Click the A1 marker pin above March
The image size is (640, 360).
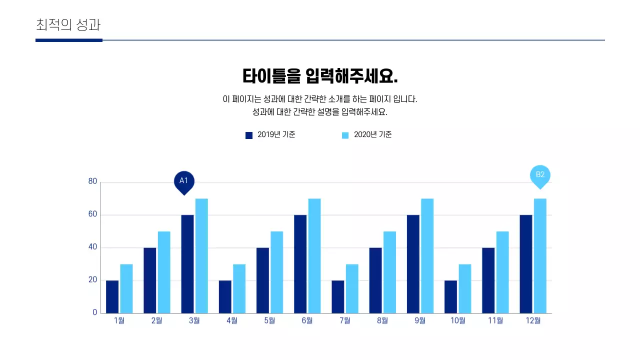[184, 181]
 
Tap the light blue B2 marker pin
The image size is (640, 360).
[540, 175]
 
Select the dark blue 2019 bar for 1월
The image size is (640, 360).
[112, 296]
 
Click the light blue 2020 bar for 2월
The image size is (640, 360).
[164, 272]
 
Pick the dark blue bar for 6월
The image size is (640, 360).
[300, 264]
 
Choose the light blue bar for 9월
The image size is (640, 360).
[427, 255]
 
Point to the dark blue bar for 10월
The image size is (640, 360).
[451, 296]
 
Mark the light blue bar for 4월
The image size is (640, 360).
[239, 288]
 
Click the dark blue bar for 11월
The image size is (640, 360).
[488, 280]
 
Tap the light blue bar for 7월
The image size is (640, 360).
[352, 288]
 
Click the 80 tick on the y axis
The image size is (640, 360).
[92, 181]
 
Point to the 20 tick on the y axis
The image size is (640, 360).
[92, 280]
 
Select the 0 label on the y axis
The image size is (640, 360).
[94, 312]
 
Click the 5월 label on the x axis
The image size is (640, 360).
[269, 320]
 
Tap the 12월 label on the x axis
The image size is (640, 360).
[533, 320]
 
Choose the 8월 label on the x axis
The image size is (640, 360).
[382, 320]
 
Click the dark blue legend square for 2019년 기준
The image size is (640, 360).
[249, 135]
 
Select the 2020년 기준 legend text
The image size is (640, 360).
[372, 134]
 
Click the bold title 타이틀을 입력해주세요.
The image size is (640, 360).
[320, 76]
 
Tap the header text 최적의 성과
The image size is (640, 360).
[68, 24]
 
